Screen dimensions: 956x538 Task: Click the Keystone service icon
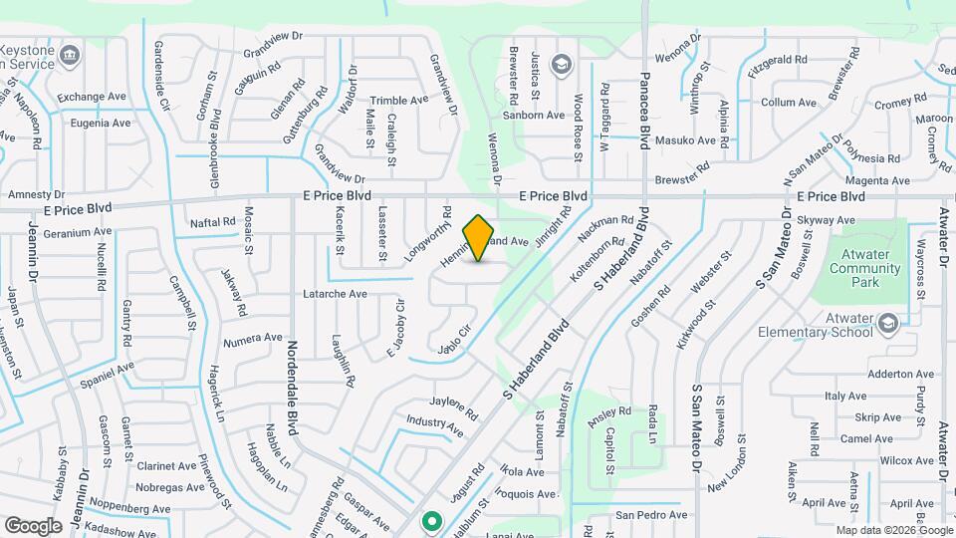click(x=70, y=54)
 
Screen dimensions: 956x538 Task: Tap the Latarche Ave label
click(x=335, y=294)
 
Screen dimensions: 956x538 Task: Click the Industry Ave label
click(x=434, y=427)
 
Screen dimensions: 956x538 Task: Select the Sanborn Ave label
click(x=534, y=115)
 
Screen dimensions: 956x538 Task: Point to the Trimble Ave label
click(x=398, y=101)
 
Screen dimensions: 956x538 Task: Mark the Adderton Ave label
click(x=873, y=374)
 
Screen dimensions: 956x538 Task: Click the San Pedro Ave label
click(x=650, y=515)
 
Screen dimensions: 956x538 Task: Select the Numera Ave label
click(x=253, y=338)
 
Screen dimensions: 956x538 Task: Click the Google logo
click(x=33, y=525)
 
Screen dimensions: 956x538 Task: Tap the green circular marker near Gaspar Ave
click(x=431, y=520)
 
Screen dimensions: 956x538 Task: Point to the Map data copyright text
click(x=884, y=530)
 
